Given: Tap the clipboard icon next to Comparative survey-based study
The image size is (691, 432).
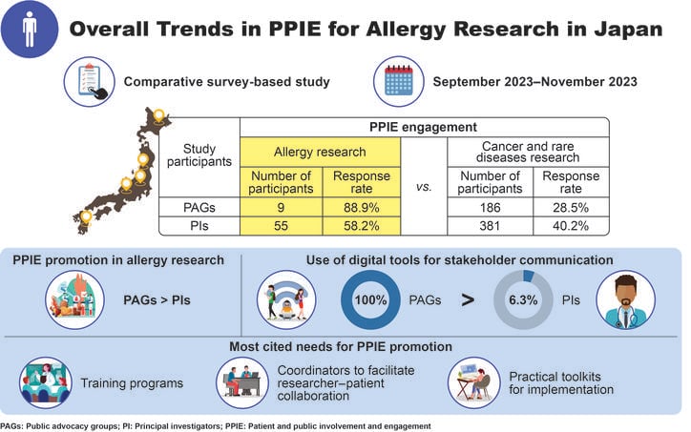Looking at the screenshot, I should pyautogui.click(x=91, y=81).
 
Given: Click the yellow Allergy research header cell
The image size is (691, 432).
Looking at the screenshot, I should pyautogui.click(x=321, y=151).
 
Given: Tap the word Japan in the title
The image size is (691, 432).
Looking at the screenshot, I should pyautogui.click(x=624, y=29).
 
